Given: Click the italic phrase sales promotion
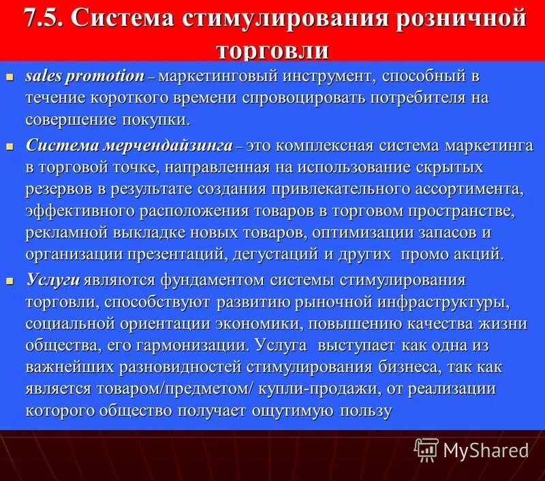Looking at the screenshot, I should (85, 76).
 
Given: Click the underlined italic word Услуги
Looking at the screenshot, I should (53, 280).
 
